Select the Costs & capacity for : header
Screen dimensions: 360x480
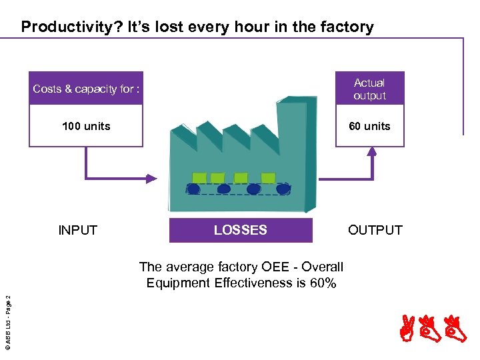(86, 89)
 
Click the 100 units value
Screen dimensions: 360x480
(86, 126)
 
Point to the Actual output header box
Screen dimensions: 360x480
(369, 89)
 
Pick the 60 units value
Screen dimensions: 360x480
(369, 126)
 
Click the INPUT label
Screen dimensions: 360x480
(78, 231)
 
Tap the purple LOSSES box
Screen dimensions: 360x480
(241, 230)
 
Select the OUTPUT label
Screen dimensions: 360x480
(375, 231)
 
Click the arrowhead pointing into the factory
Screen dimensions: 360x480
(152, 178)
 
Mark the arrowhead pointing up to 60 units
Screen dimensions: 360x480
(372, 151)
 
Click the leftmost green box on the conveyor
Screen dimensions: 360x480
(199, 178)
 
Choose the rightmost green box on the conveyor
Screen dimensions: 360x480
(268, 178)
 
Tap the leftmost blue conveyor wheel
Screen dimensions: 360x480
(193, 189)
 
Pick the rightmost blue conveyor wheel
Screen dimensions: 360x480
(283, 189)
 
